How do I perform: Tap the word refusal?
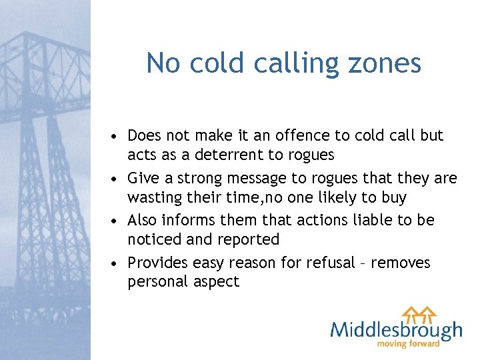coord(331,263)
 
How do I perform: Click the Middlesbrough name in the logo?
coord(396,330)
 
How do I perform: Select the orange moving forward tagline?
coord(409,344)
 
